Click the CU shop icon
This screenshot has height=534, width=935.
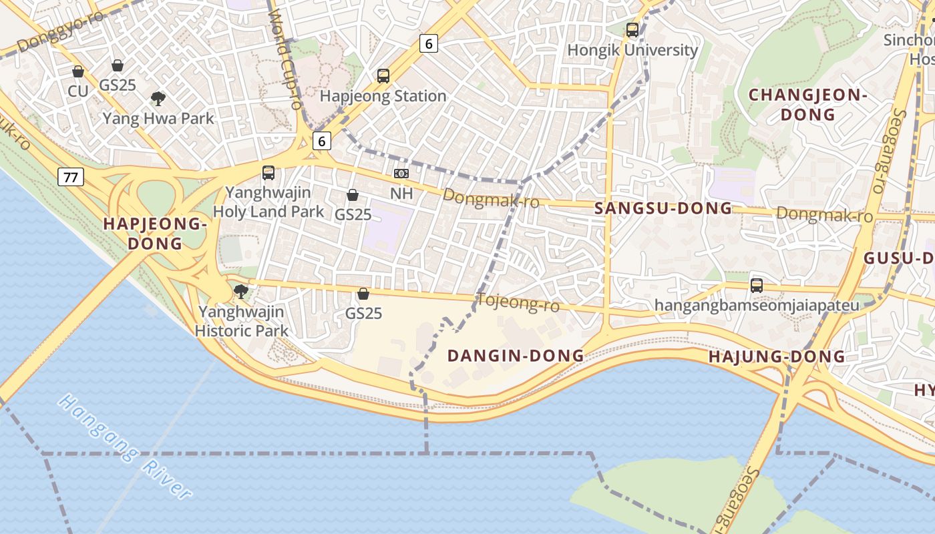pos(78,71)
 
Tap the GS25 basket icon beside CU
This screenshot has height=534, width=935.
pos(118,65)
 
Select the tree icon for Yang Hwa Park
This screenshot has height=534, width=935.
pos(158,99)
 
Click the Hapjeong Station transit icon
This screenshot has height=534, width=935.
pos(383,76)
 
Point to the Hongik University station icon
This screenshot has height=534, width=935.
pos(632,30)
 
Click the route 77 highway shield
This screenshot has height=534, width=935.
pos(70,177)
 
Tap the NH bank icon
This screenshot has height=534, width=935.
pos(401,174)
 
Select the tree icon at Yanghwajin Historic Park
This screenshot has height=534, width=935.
pos(241,292)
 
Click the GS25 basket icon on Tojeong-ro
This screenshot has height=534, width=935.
pos(363,294)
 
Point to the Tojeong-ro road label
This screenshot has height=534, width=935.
pos(518,303)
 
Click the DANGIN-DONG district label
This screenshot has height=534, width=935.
pos(516,356)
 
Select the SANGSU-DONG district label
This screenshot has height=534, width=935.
pos(663,208)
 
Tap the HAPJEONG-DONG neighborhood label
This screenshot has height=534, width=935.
pos(155,234)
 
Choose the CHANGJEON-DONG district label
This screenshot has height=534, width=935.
pos(807,105)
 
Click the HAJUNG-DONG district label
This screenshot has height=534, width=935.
pos(777,356)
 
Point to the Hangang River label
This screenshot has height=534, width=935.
pos(125,447)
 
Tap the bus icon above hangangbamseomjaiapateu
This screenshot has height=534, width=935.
pos(756,285)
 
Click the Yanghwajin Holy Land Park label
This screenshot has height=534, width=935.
pos(268,202)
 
